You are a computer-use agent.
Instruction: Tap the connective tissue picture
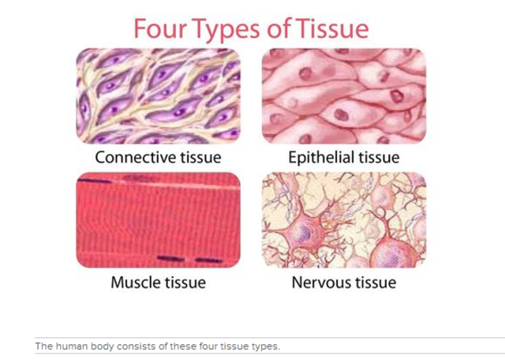[x=158, y=96]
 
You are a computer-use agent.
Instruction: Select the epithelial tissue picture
[x=343, y=96]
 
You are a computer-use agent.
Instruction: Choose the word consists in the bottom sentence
[x=129, y=346]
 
